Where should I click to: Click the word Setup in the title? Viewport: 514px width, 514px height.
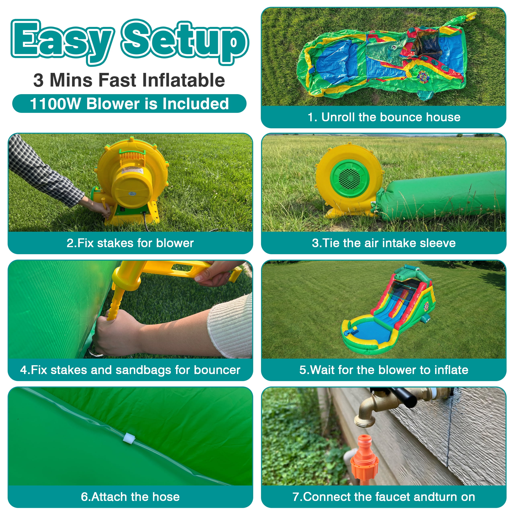click(x=185, y=41)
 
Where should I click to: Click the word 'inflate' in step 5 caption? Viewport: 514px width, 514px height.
click(x=451, y=370)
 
